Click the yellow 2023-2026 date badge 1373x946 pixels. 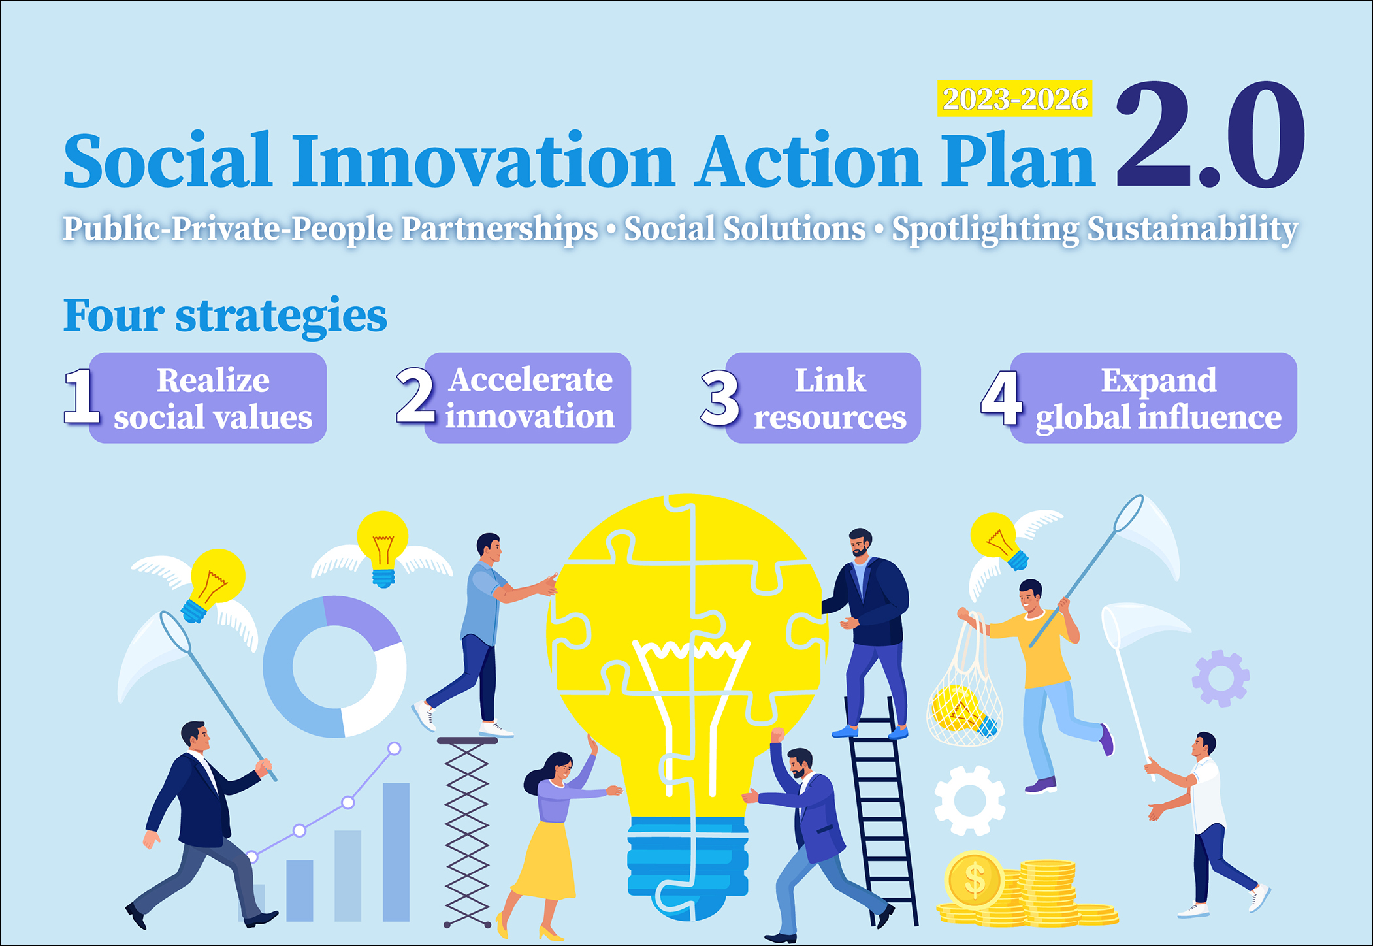click(1014, 99)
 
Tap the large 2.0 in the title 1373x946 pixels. click(1210, 135)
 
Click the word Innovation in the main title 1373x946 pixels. click(483, 160)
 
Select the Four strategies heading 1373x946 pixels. click(225, 316)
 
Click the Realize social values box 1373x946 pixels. click(208, 398)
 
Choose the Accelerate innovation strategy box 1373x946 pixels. click(528, 398)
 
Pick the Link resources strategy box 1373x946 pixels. click(823, 398)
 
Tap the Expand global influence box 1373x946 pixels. click(1154, 398)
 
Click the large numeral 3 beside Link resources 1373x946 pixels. click(720, 397)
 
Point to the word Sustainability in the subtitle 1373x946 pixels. click(1192, 229)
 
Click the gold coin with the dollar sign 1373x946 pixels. click(974, 879)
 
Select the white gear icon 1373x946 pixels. click(970, 801)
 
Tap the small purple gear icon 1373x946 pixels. click(1221, 678)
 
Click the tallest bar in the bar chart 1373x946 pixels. click(396, 852)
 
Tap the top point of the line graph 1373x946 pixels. click(395, 749)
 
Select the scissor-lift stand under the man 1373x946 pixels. click(467, 832)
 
